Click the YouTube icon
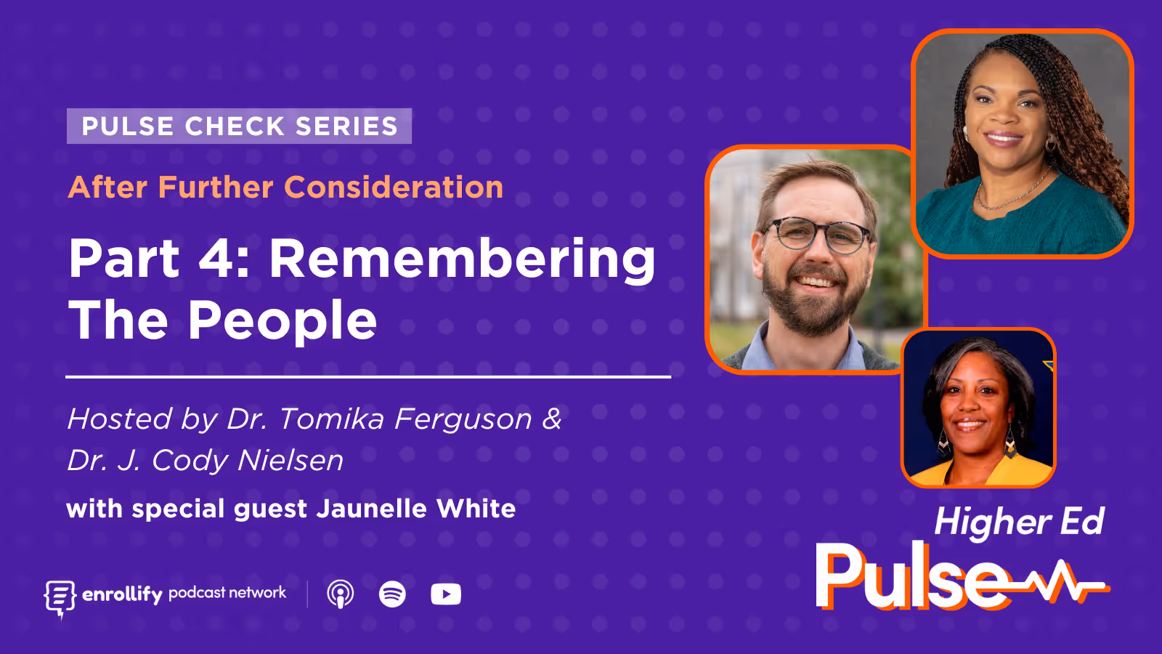(x=445, y=594)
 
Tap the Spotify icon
(x=392, y=594)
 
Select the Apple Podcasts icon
(x=340, y=594)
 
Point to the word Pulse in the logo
(x=911, y=578)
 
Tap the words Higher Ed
(x=1018, y=522)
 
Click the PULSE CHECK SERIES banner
(x=239, y=126)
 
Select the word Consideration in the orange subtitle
(x=394, y=187)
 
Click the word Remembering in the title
(x=462, y=259)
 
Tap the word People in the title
(x=283, y=321)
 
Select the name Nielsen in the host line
(x=290, y=461)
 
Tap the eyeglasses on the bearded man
(x=817, y=234)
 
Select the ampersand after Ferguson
(x=552, y=419)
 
